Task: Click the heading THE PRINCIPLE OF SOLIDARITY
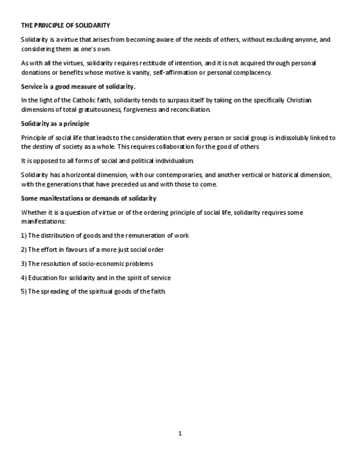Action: [x=65, y=25]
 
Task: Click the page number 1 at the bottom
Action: [x=180, y=434]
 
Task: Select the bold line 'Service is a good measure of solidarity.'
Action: [x=78, y=86]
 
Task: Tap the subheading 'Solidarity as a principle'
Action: [x=55, y=124]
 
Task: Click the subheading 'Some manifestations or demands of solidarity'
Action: [x=88, y=198]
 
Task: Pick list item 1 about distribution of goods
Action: [x=105, y=235]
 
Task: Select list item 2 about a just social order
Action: [x=92, y=249]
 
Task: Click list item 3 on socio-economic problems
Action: [x=87, y=264]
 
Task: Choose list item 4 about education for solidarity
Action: [x=96, y=278]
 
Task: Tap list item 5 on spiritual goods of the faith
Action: [x=93, y=291]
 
